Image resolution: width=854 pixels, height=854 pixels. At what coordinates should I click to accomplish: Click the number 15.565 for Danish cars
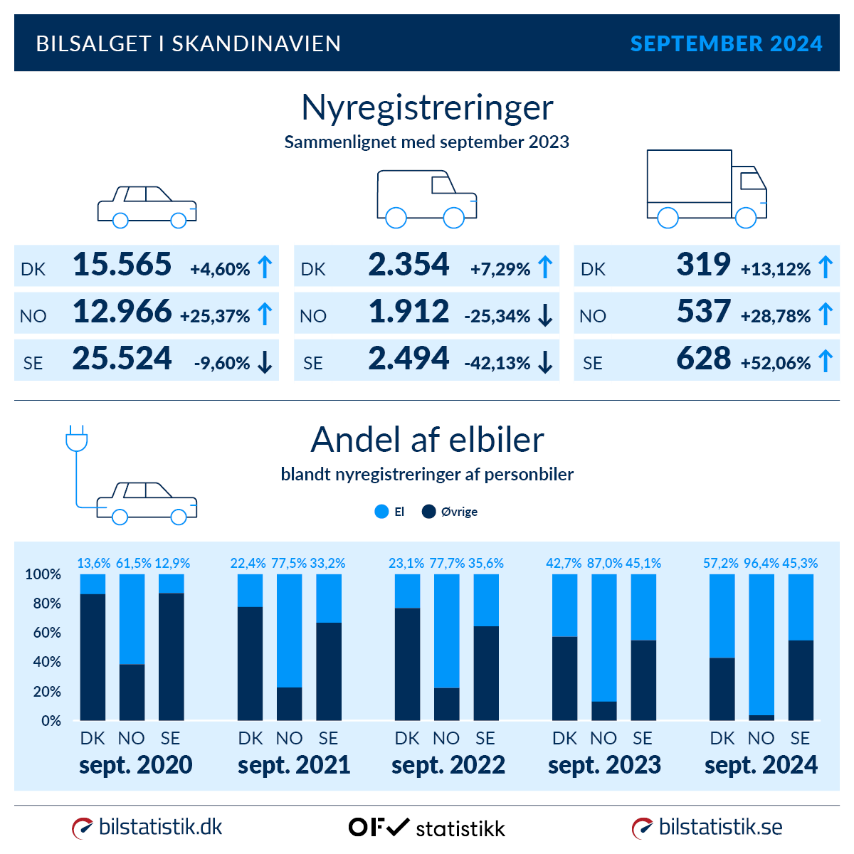[122, 265]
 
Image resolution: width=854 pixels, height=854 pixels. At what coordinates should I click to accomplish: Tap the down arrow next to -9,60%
[265, 362]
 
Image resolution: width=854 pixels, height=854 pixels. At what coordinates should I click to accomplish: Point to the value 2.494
[408, 359]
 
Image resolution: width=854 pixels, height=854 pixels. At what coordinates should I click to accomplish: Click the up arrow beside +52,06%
[826, 361]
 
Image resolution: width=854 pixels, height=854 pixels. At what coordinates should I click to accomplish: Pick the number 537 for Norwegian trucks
[703, 312]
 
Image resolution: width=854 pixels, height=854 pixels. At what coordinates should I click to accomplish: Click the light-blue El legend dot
[381, 512]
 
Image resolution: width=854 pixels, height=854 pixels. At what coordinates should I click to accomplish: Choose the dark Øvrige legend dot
[428, 512]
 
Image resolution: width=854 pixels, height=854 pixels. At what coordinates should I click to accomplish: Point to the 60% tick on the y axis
[43, 633]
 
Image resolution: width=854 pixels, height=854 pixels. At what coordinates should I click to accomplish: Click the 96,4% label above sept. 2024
[761, 563]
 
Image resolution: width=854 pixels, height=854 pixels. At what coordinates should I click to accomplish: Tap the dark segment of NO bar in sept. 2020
[132, 692]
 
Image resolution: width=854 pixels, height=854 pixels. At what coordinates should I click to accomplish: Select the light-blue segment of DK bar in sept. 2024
[722, 616]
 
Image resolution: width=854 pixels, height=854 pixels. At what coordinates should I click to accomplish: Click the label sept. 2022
[448, 765]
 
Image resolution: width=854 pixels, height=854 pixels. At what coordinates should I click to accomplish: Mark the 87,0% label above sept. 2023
[604, 563]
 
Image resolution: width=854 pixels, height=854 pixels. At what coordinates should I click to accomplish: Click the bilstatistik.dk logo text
[160, 827]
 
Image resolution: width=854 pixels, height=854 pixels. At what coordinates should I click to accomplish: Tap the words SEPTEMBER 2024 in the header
[726, 44]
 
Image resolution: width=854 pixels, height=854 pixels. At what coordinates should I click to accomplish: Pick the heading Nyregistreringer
[427, 108]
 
